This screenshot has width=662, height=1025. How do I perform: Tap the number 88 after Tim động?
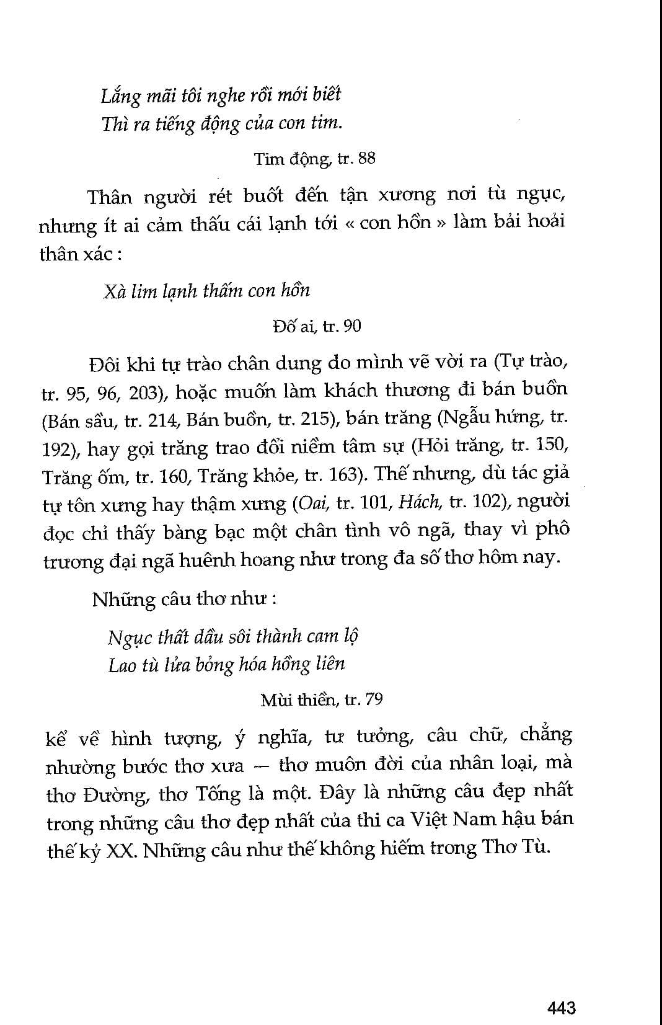(x=366, y=158)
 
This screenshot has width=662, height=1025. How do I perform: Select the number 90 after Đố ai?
(x=351, y=326)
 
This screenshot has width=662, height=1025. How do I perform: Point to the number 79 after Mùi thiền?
(x=374, y=699)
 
